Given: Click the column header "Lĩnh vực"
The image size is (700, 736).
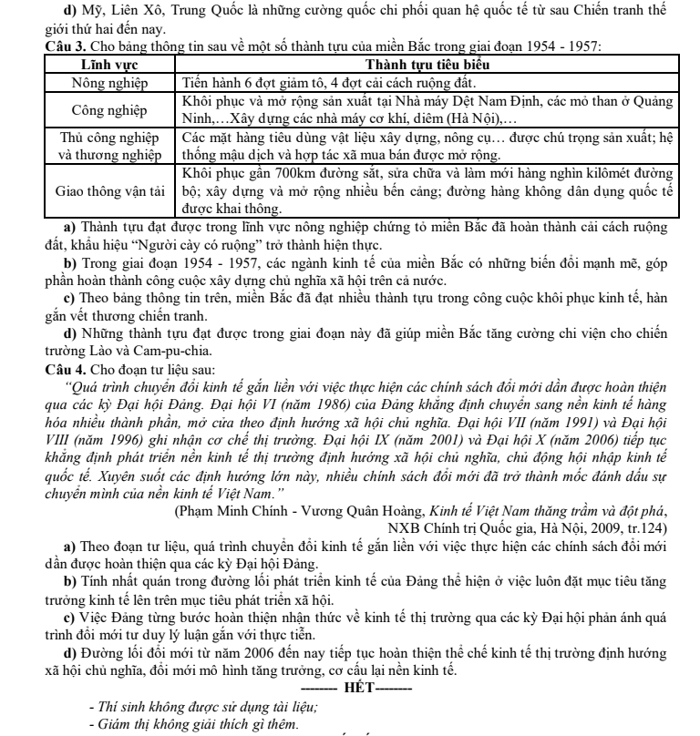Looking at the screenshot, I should pyautogui.click(x=108, y=66).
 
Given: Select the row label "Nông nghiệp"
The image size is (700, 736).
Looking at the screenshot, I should pyautogui.click(x=108, y=81).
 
